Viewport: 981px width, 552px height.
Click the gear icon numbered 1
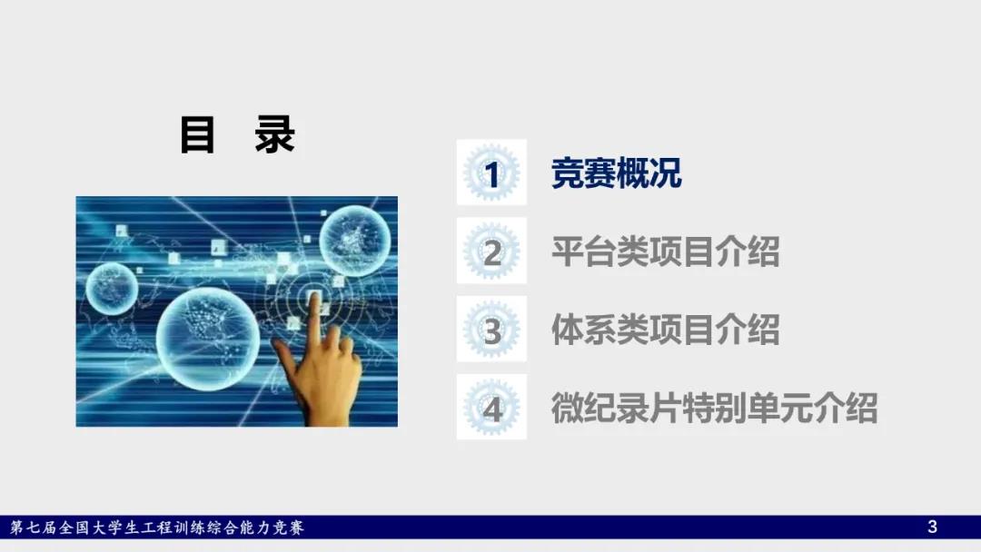click(491, 172)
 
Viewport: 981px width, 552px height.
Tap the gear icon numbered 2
click(491, 251)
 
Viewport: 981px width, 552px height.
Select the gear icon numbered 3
click(491, 329)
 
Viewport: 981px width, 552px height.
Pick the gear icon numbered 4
click(491, 407)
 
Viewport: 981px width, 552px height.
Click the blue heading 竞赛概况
click(616, 173)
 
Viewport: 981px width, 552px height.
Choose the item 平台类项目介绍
click(665, 251)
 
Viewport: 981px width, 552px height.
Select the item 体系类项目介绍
click(665, 330)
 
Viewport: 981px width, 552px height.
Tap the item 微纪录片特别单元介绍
click(714, 408)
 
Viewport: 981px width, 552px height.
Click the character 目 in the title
click(197, 134)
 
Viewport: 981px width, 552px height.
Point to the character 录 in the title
click(274, 134)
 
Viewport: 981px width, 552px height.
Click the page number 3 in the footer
click(932, 527)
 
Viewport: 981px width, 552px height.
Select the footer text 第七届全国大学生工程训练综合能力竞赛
click(157, 527)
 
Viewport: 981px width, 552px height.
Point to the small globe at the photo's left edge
click(112, 289)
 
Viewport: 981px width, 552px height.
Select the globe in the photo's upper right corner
click(355, 241)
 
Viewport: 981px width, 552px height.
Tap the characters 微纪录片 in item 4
click(616, 408)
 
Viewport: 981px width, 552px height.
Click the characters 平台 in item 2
click(583, 251)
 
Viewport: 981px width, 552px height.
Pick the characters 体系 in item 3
click(583, 330)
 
